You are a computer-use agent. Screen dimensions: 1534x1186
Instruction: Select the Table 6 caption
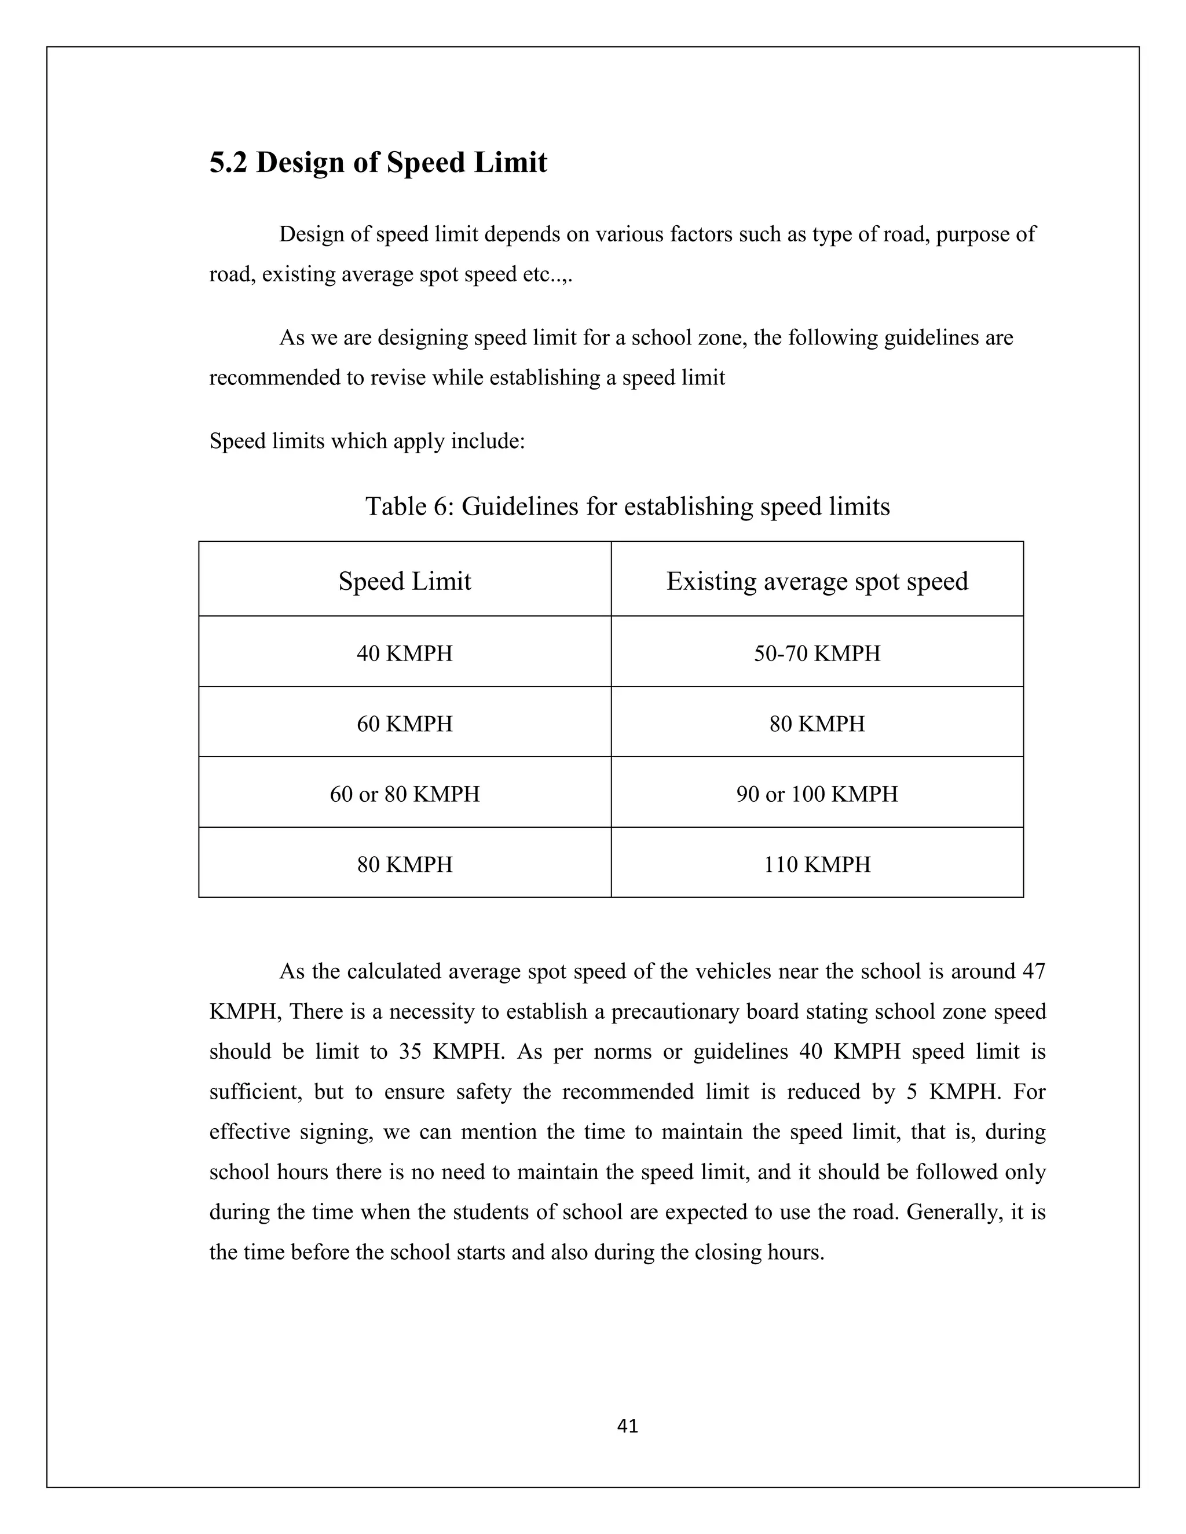pyautogui.click(x=627, y=507)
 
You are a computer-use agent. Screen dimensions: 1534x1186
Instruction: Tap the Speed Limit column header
pyautogui.click(x=405, y=582)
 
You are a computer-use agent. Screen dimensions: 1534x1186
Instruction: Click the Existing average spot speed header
pyautogui.click(x=817, y=582)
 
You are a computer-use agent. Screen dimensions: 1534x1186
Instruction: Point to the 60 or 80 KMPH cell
pyautogui.click(x=405, y=794)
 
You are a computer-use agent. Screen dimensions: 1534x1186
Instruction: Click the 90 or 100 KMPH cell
pyautogui.click(x=817, y=794)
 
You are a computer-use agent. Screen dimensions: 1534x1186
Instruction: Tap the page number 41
pyautogui.click(x=627, y=1426)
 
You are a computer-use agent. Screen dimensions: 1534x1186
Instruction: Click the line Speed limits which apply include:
pyautogui.click(x=367, y=442)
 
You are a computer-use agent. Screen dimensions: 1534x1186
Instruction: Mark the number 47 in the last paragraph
pyautogui.click(x=1034, y=972)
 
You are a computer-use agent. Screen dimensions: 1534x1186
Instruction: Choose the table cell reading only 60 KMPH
pyautogui.click(x=405, y=724)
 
